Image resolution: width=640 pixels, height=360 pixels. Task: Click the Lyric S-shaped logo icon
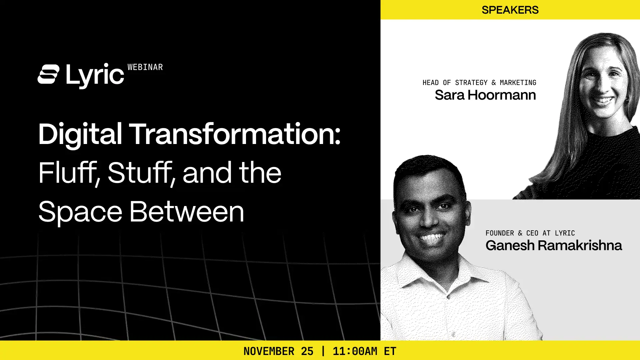pyautogui.click(x=49, y=74)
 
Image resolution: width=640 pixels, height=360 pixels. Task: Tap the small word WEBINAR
pyautogui.click(x=145, y=67)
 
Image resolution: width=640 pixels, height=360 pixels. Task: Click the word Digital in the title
pyautogui.click(x=80, y=134)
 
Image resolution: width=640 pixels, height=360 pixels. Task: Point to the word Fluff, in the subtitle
pyautogui.click(x=69, y=173)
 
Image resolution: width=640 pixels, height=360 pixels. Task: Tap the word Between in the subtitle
pyautogui.click(x=187, y=212)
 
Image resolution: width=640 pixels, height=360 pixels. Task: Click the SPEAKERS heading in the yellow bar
pyautogui.click(x=510, y=10)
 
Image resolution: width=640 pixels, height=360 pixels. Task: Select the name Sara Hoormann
pyautogui.click(x=485, y=95)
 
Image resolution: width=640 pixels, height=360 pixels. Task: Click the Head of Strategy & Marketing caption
pyautogui.click(x=479, y=83)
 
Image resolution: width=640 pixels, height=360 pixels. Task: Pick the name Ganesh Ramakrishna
pyautogui.click(x=554, y=245)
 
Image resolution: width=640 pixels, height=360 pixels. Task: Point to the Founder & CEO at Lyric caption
pyautogui.click(x=530, y=233)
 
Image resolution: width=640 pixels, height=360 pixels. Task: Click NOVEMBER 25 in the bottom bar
pyautogui.click(x=278, y=351)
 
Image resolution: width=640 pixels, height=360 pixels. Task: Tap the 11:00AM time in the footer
pyautogui.click(x=355, y=351)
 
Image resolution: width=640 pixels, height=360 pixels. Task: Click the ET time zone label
pyautogui.click(x=390, y=351)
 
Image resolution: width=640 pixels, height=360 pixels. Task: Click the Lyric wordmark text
pyautogui.click(x=95, y=75)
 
